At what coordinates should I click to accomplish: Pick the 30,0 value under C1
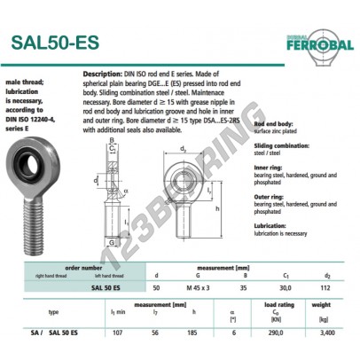[286, 286]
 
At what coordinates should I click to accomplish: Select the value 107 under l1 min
[116, 331]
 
